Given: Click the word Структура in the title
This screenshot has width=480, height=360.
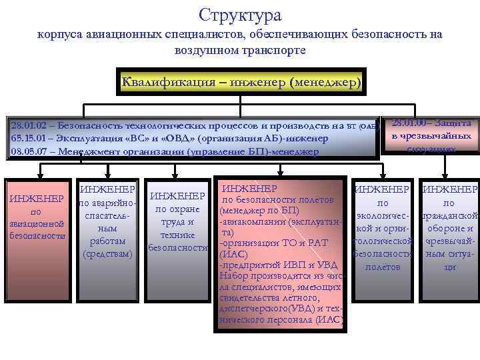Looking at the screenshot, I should (x=240, y=15).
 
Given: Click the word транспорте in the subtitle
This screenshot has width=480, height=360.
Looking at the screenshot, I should (x=273, y=51).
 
